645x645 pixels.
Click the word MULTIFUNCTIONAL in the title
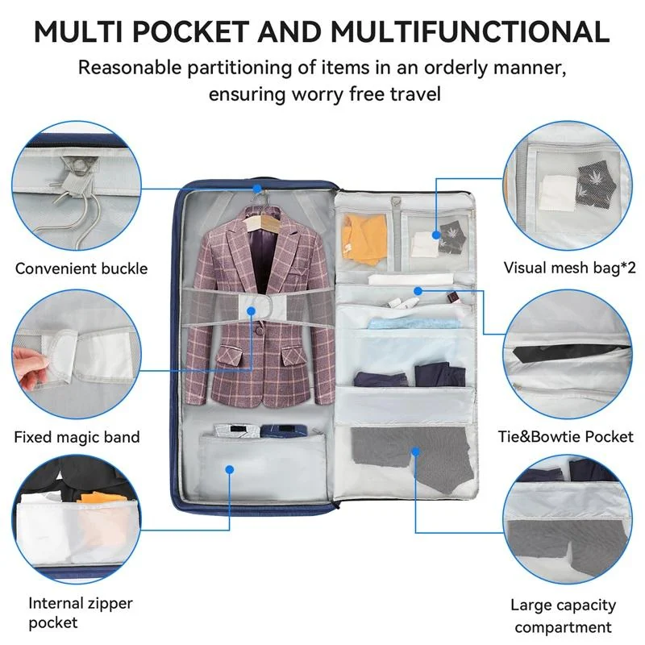tap(470, 31)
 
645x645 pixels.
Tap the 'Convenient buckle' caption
tap(81, 268)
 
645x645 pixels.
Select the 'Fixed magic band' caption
tap(77, 437)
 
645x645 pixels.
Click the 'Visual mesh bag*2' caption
tap(569, 268)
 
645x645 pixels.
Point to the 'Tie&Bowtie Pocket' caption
tap(566, 436)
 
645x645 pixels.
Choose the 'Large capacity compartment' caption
tap(563, 616)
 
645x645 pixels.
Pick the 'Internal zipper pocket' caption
tap(81, 613)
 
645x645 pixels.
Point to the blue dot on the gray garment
tap(415, 451)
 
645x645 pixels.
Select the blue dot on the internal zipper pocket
tap(230, 469)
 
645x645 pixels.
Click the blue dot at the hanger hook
tap(257, 189)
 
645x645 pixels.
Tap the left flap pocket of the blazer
tap(230, 356)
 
